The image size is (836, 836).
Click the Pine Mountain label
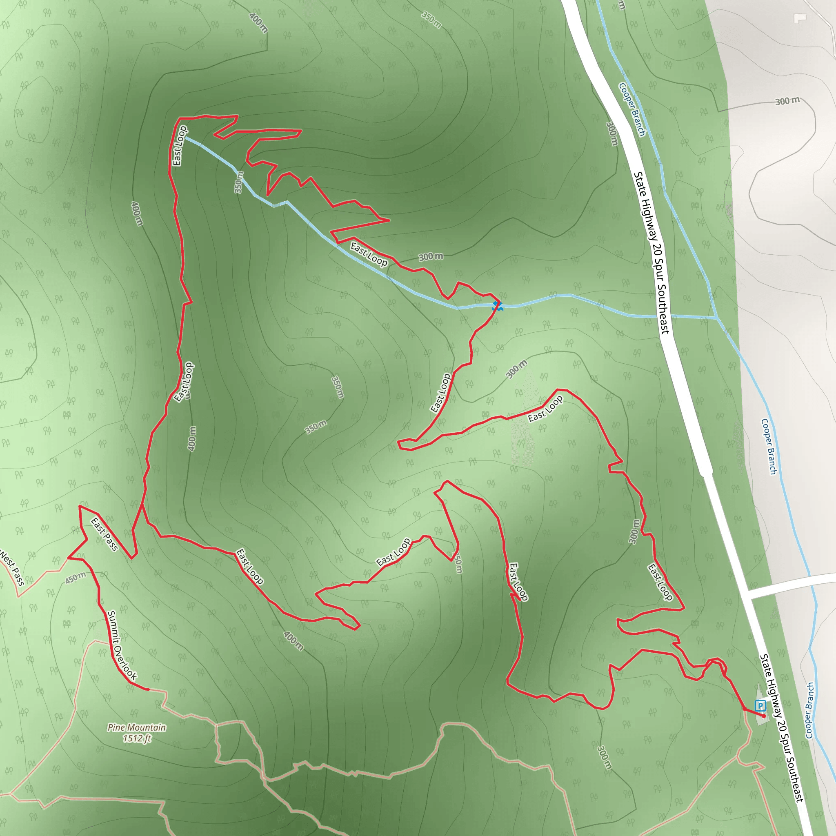137,727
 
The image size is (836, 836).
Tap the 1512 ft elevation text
137,738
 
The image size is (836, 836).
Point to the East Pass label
104,534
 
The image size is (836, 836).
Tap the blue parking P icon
760,706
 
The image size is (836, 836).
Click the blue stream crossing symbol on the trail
497,307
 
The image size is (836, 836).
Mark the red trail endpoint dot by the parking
764,716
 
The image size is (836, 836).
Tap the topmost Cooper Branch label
632,109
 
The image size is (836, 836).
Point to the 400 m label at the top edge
259,22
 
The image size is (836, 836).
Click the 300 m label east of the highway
787,101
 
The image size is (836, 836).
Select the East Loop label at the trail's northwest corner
180,146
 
